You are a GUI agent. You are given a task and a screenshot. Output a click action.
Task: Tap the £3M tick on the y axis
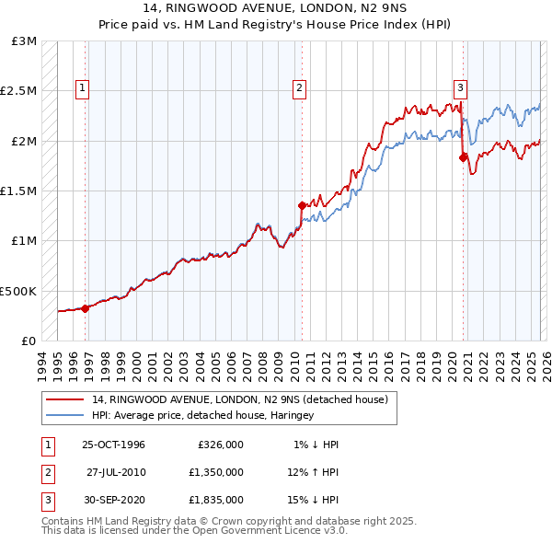tap(25, 42)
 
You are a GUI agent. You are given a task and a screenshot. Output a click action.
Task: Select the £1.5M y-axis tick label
tap(19, 191)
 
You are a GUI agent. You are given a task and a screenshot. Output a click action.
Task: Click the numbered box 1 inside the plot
tap(83, 88)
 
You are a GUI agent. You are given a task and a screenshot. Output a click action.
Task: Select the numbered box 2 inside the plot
tap(300, 88)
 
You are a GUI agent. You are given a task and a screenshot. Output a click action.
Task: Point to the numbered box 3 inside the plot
tap(460, 88)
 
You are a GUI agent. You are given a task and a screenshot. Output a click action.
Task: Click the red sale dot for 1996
tap(86, 308)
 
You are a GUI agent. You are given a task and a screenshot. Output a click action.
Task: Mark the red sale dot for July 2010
tap(302, 206)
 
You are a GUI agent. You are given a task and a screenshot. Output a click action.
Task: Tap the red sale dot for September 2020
tap(464, 157)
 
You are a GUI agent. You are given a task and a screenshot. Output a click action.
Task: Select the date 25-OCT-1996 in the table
tap(113, 445)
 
